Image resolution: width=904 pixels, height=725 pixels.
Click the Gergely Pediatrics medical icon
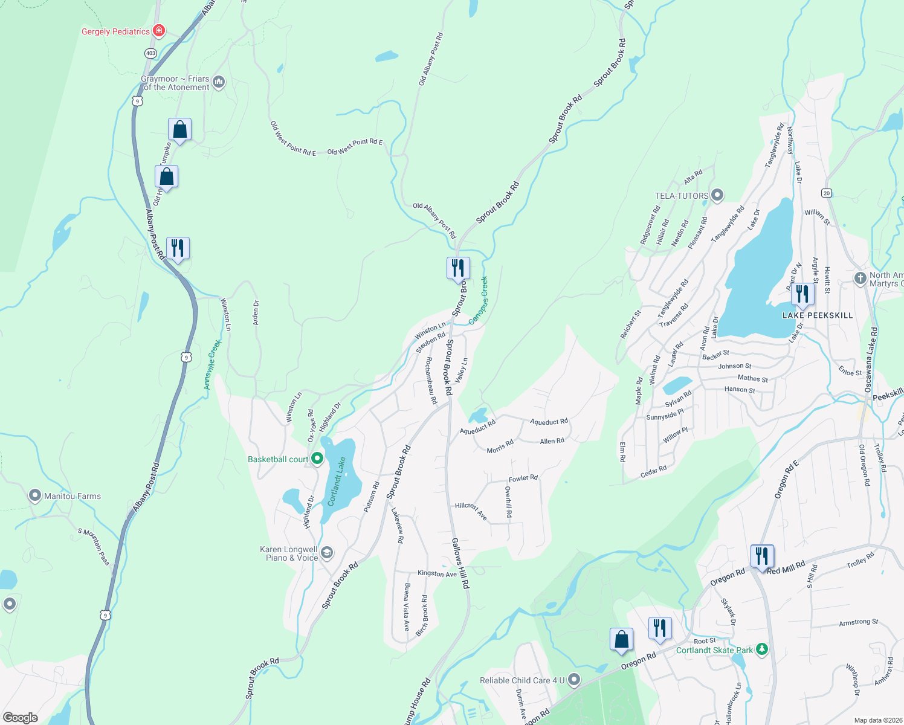click(159, 30)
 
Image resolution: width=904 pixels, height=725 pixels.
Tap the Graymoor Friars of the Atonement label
click(175, 83)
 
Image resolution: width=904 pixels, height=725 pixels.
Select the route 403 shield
click(150, 53)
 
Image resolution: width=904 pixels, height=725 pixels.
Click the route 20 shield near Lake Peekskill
click(827, 193)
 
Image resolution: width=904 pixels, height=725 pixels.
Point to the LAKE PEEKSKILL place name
click(818, 315)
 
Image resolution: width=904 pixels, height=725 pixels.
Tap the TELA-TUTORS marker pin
click(717, 195)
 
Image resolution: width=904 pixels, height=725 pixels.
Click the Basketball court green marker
click(317, 459)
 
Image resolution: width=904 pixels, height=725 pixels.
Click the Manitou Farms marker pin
click(35, 496)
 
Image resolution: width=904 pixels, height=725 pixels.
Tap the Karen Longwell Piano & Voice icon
click(327, 553)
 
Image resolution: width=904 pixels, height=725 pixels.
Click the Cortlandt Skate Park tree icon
click(763, 649)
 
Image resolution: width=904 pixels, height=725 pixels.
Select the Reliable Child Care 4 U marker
click(574, 680)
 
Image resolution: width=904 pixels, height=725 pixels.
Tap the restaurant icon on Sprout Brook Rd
click(458, 268)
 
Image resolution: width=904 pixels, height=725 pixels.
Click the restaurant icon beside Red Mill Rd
click(762, 556)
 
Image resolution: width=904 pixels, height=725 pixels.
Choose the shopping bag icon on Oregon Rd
click(621, 640)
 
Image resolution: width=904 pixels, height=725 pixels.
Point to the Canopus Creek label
click(478, 300)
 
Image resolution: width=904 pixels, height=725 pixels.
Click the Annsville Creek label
click(212, 364)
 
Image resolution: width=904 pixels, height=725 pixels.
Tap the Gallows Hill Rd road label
click(460, 563)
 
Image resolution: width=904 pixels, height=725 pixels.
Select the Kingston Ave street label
click(437, 573)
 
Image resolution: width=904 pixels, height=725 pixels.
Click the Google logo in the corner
click(21, 717)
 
